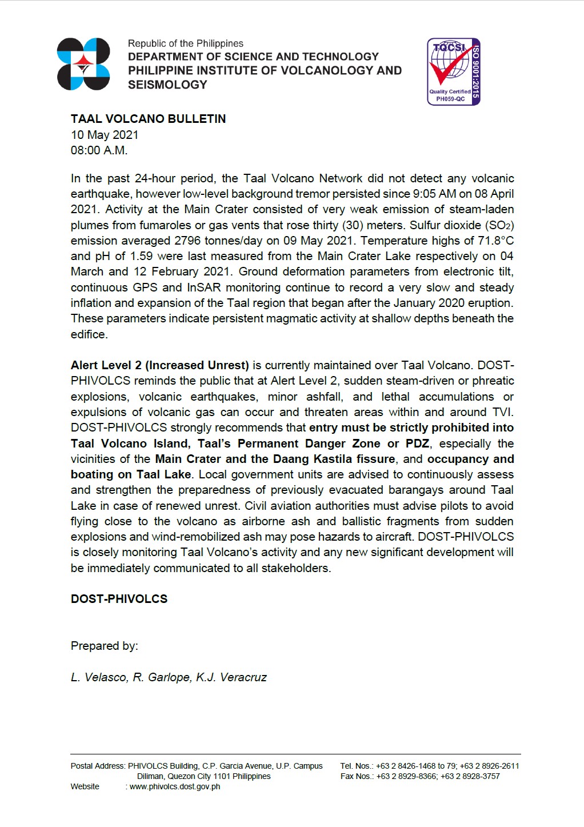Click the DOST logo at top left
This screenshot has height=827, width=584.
pyautogui.click(x=83, y=64)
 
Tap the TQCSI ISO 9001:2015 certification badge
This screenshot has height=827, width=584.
pyautogui.click(x=454, y=71)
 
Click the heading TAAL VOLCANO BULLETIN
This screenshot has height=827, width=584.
pyautogui.click(x=148, y=119)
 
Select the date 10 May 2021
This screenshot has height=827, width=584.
pyautogui.click(x=105, y=135)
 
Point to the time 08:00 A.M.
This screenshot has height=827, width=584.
pyautogui.click(x=99, y=150)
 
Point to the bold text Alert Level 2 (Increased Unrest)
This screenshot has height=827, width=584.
pyautogui.click(x=159, y=365)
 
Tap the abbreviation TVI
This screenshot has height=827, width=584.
pyautogui.click(x=502, y=412)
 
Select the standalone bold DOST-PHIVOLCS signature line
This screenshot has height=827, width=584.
pyautogui.click(x=119, y=599)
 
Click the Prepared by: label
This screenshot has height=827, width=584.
pyautogui.click(x=104, y=646)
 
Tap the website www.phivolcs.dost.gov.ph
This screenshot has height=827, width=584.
pyautogui.click(x=175, y=786)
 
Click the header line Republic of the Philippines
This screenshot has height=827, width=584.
pyautogui.click(x=185, y=43)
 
